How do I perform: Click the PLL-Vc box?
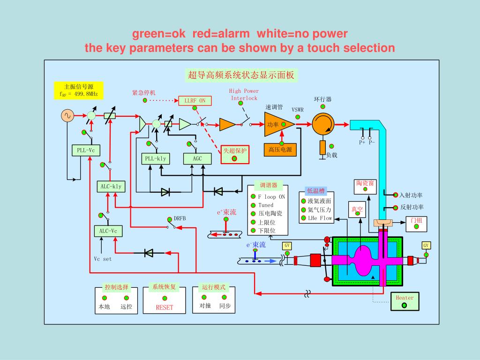click(86, 150)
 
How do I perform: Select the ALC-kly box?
click(111, 187)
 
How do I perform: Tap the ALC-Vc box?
click(108, 231)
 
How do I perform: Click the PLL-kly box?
click(156, 158)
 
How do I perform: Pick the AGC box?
click(197, 158)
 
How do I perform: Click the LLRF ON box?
click(195, 101)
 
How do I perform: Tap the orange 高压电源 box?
click(280, 150)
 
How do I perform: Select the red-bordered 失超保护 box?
click(235, 154)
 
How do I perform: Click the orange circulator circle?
click(323, 124)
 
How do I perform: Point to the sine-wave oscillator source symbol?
click(67, 116)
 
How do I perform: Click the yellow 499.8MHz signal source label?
click(79, 90)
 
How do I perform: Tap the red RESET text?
click(165, 307)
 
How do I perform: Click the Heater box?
click(405, 301)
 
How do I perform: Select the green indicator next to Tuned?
click(253, 205)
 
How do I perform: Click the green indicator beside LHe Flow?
click(303, 218)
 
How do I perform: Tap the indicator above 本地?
click(105, 298)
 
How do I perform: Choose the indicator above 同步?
click(225, 297)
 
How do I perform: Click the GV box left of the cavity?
click(287, 246)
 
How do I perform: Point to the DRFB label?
click(180, 218)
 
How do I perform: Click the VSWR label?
click(298, 110)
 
